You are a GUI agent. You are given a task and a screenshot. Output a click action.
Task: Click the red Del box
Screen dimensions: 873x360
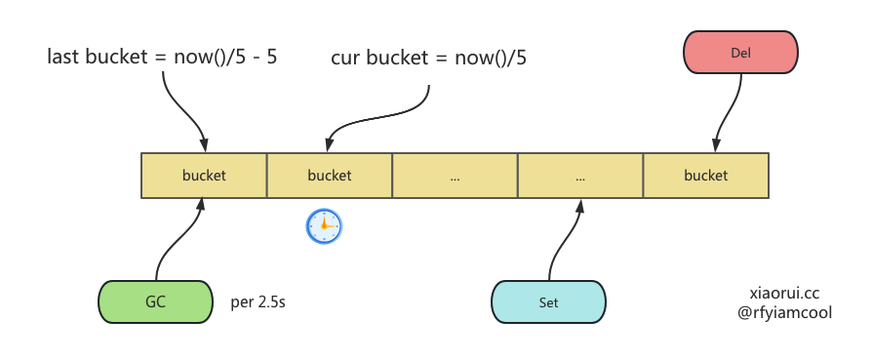(x=740, y=53)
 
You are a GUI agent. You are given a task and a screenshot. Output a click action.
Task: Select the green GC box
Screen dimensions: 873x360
(x=155, y=301)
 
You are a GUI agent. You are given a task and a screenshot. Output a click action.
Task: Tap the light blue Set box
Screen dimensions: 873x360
(x=548, y=301)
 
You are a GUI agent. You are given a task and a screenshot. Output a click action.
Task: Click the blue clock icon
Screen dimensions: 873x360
(x=324, y=226)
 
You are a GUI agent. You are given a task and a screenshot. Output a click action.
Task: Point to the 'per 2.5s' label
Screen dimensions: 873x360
(x=258, y=302)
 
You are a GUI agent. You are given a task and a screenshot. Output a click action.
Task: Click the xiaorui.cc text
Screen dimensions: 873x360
(x=784, y=293)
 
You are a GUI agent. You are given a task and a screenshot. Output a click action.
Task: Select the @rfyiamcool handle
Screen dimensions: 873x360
(x=784, y=312)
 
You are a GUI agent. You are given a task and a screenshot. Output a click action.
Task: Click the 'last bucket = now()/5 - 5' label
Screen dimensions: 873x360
(x=162, y=57)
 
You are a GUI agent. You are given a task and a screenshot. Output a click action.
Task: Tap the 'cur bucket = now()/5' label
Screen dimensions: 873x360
(x=429, y=58)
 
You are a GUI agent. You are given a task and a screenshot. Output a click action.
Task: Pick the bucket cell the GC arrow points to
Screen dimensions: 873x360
(x=204, y=175)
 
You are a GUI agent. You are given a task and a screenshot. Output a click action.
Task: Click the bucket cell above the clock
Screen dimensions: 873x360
(x=330, y=175)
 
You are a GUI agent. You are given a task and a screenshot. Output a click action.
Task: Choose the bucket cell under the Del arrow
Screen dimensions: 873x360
(x=706, y=175)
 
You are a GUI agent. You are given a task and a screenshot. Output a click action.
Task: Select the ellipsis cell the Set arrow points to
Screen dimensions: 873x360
(x=580, y=175)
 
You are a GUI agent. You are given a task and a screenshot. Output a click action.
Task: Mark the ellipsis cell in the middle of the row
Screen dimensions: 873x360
(x=455, y=175)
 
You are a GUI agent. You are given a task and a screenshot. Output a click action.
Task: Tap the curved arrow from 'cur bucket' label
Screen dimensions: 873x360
(x=384, y=118)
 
